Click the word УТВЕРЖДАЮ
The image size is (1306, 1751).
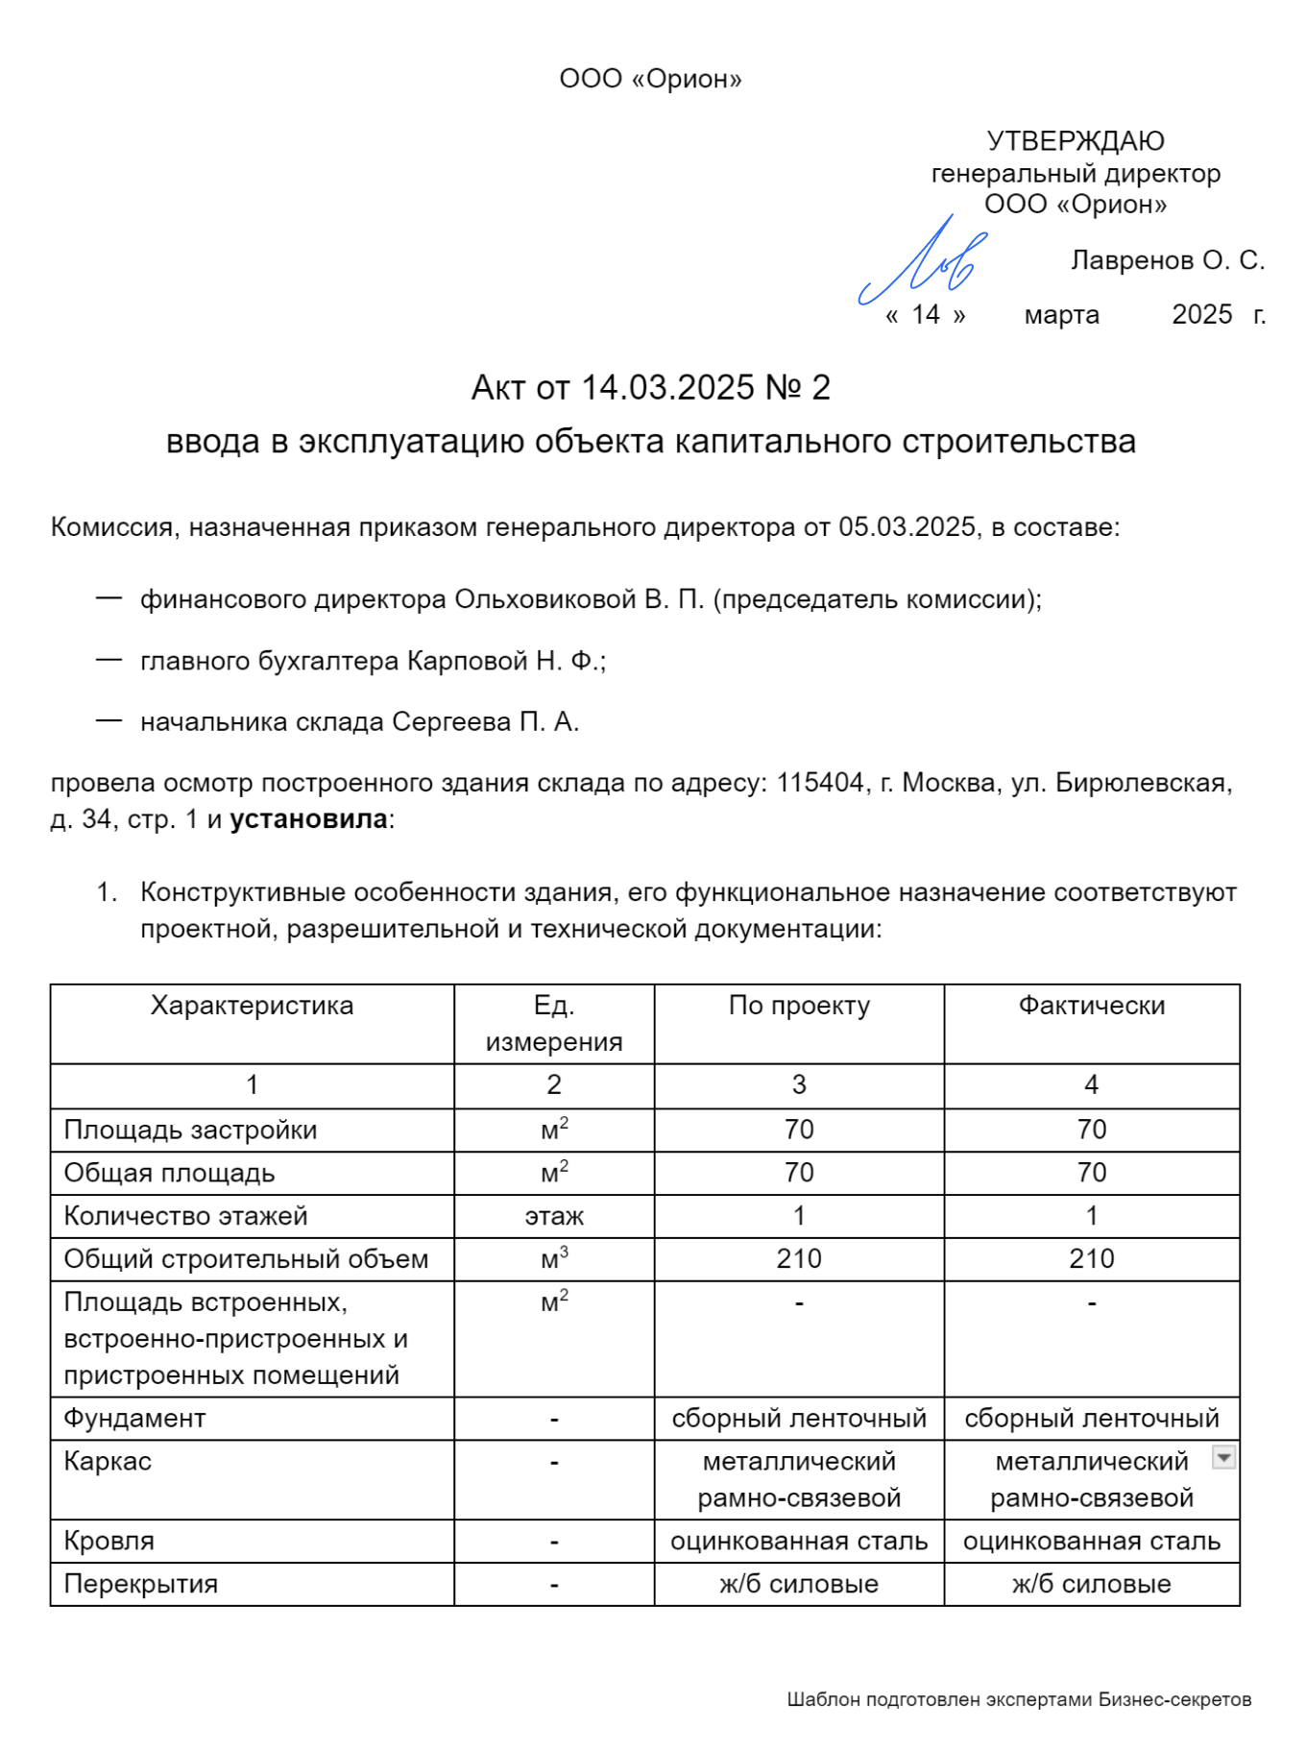(x=1075, y=141)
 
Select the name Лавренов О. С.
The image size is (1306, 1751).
(x=1167, y=260)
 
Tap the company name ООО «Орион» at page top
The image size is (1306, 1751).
(x=650, y=79)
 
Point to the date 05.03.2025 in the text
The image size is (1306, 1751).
(x=907, y=527)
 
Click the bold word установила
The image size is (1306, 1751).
(x=308, y=819)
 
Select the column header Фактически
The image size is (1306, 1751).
(x=1091, y=1006)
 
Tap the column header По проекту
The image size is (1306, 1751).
(x=798, y=1006)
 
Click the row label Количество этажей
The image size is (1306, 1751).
(x=185, y=1216)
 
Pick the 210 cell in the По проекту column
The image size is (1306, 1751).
(x=798, y=1259)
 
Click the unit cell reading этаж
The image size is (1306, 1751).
(x=553, y=1216)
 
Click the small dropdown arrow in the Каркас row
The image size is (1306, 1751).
(x=1222, y=1457)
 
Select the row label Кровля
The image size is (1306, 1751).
(x=109, y=1541)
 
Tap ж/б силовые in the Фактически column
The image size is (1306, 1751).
(x=1091, y=1584)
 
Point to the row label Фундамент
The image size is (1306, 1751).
(x=134, y=1419)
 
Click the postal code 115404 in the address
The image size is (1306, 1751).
(x=820, y=783)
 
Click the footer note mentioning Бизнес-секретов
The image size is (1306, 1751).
(x=1019, y=1699)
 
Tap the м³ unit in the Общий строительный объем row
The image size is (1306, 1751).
(x=553, y=1259)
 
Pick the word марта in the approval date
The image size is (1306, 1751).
(x=1061, y=315)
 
